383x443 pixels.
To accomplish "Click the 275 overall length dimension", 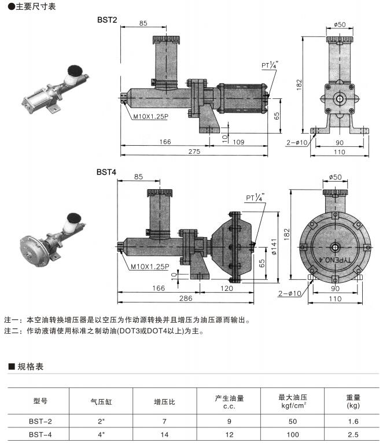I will click(x=194, y=152).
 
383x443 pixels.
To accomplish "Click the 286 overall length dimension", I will click(x=186, y=298).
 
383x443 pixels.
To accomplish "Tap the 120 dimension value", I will click(x=227, y=287).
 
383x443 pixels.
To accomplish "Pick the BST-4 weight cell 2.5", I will click(x=353, y=434).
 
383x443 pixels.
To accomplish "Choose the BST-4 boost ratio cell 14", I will click(x=164, y=434).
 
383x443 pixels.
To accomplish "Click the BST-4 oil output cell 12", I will click(x=229, y=434).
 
